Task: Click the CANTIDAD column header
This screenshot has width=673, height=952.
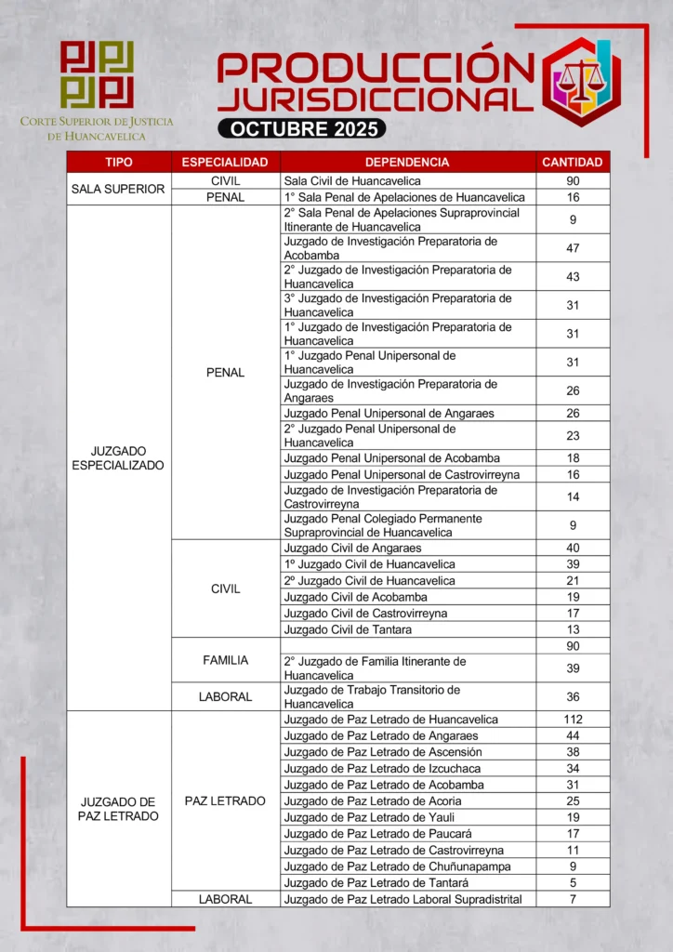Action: tap(573, 162)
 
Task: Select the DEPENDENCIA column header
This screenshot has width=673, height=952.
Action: tap(407, 162)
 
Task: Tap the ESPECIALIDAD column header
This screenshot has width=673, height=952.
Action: tap(225, 162)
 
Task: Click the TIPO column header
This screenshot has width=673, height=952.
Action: tap(119, 162)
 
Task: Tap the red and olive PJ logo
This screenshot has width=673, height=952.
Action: tap(97, 74)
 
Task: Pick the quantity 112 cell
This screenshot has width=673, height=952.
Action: tap(573, 720)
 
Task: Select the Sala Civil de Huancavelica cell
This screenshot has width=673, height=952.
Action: tap(352, 181)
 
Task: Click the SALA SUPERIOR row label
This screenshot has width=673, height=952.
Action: tap(118, 189)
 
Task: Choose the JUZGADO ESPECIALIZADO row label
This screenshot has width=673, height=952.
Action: tap(118, 457)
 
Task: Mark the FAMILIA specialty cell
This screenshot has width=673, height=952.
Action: tap(225, 660)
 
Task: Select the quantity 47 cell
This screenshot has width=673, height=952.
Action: tap(573, 248)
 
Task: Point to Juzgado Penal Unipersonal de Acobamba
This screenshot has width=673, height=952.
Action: tap(391, 458)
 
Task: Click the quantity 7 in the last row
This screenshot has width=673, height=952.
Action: tap(573, 899)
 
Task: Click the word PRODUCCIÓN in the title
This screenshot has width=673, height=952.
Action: tap(376, 70)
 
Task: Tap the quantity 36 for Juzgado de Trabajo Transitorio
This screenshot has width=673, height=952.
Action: tap(573, 697)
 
